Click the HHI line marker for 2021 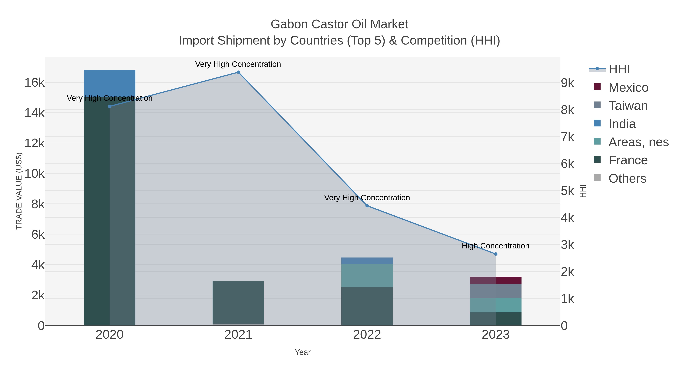[238, 72]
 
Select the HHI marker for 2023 [495, 254]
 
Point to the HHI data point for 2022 [367, 206]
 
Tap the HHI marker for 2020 [110, 106]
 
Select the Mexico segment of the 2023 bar [495, 280]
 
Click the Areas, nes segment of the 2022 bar [367, 275]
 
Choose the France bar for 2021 [238, 302]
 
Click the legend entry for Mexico [628, 88]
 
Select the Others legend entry [627, 178]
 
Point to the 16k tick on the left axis [35, 82]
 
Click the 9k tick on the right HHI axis [567, 83]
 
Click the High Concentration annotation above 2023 [495, 246]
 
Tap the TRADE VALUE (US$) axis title [19, 191]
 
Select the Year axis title [303, 352]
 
